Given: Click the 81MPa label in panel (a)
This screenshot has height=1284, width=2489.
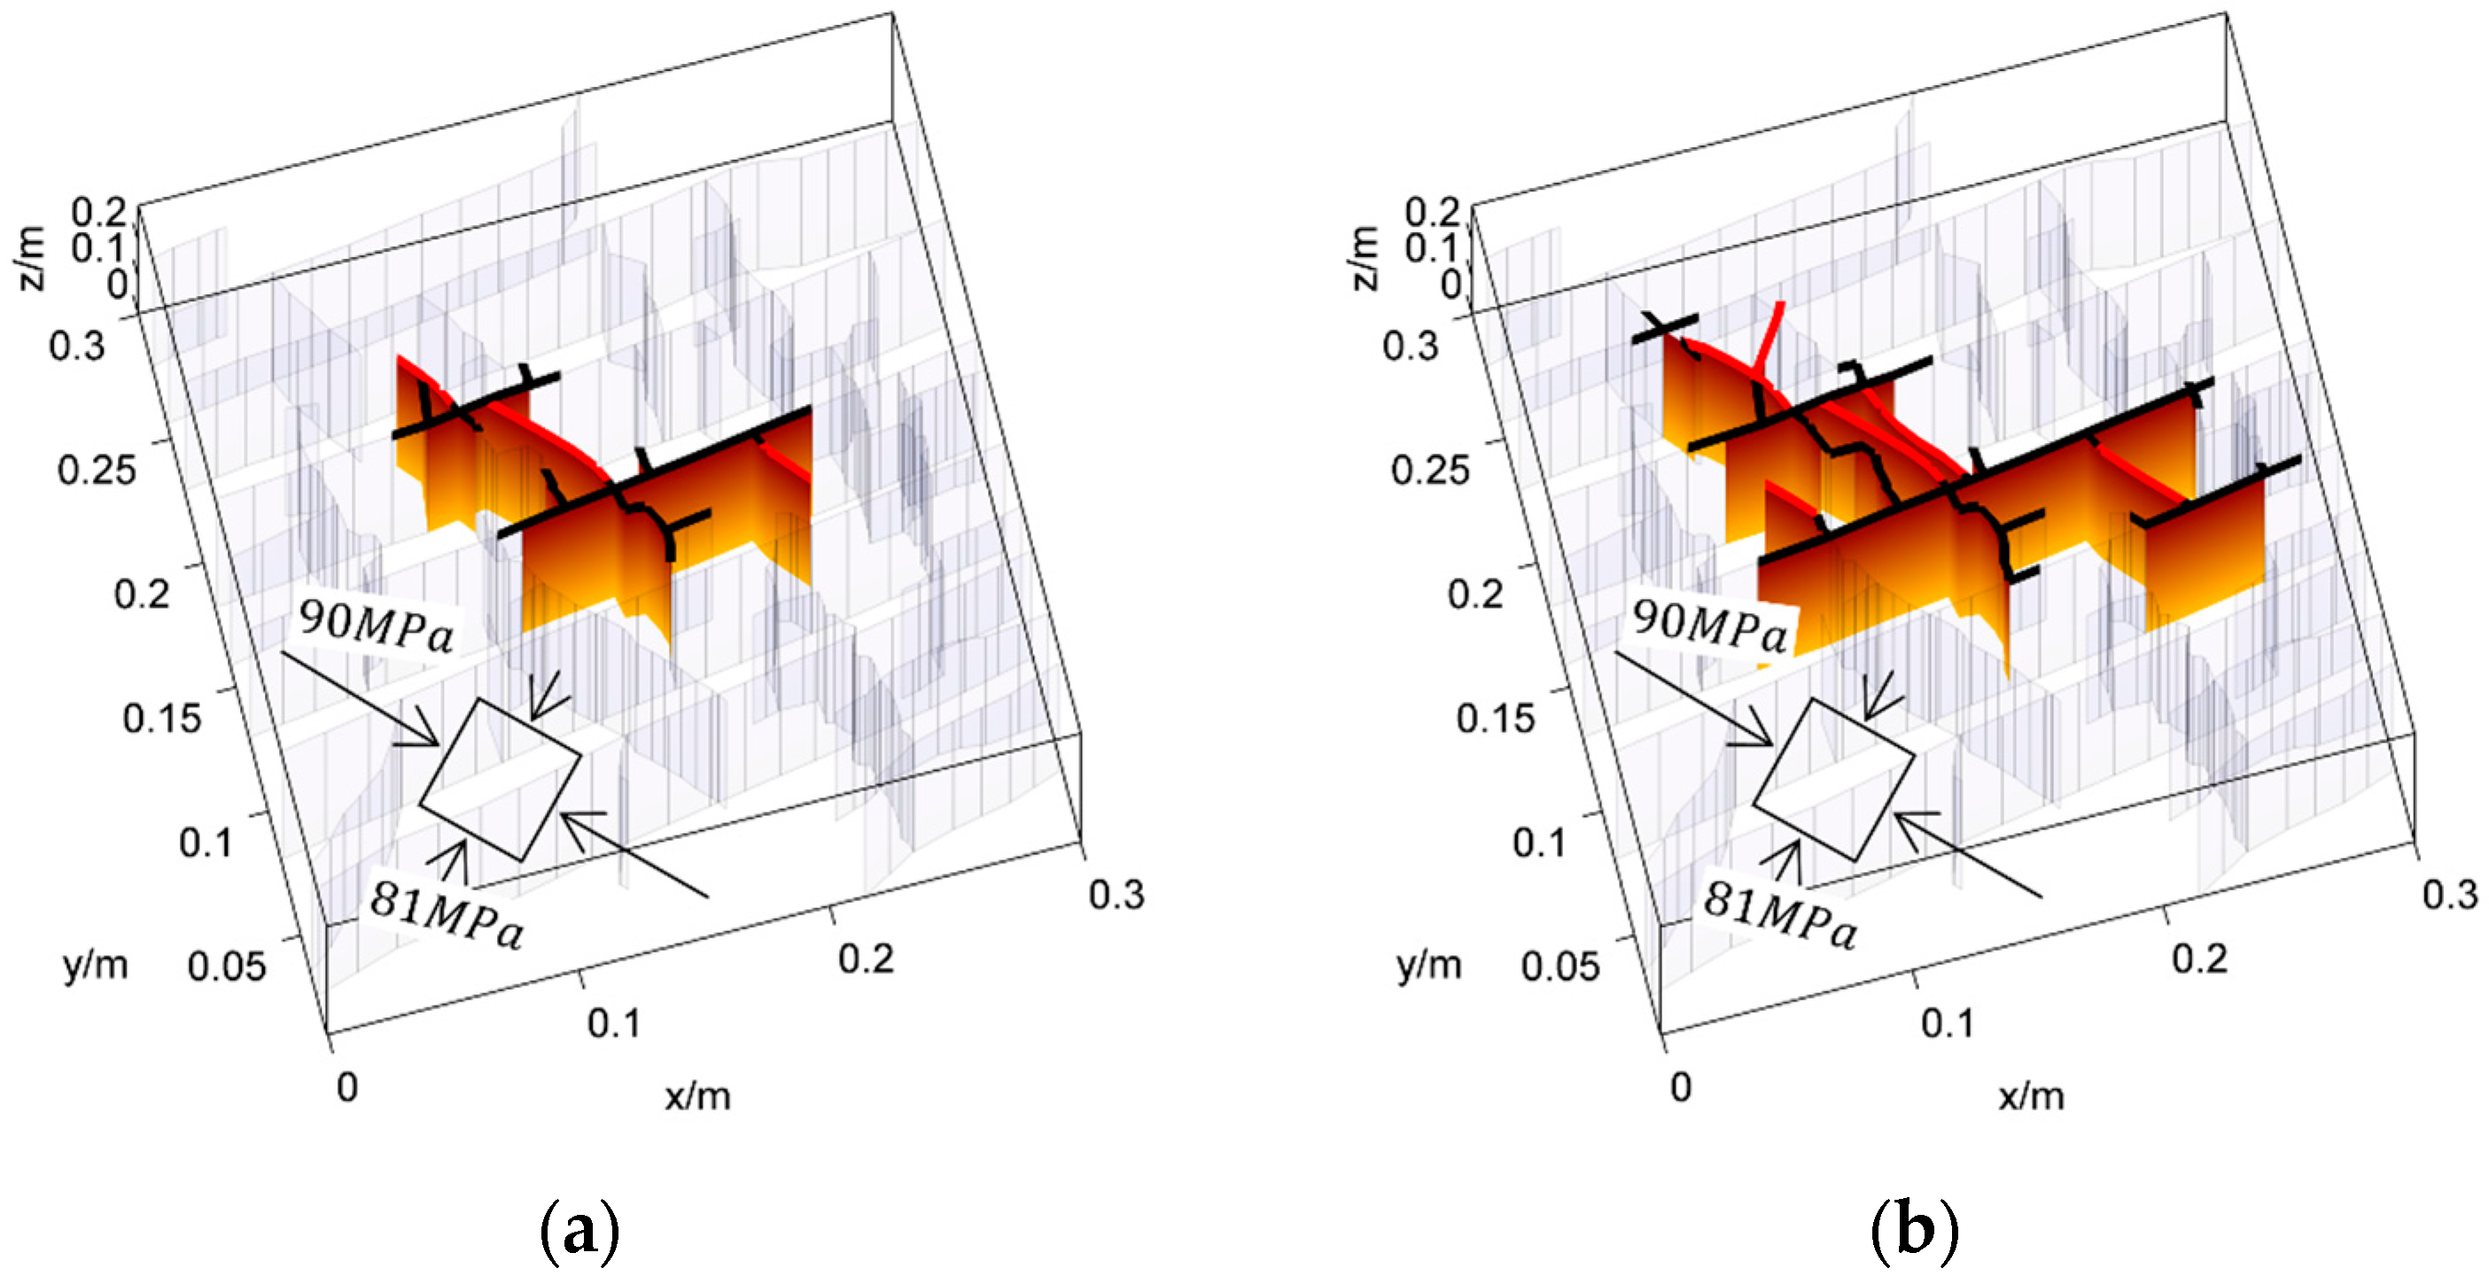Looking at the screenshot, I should [x=447, y=915].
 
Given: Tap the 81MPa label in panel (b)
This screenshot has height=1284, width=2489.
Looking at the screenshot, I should [x=1780, y=915].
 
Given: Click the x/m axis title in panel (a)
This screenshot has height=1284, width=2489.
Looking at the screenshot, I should [x=697, y=1095].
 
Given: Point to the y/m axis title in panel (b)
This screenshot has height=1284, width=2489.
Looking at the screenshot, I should [x=1429, y=964].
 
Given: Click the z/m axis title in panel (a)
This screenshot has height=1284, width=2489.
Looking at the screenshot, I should [x=31, y=258].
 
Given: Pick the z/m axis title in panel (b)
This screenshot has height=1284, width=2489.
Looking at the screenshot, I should [x=1365, y=258].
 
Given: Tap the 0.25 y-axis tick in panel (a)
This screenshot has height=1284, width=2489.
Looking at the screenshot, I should [x=97, y=470].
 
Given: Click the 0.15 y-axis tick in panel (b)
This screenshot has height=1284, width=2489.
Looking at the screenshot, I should [x=1495, y=718].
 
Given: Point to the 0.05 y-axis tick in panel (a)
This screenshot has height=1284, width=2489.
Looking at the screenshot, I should [x=226, y=965].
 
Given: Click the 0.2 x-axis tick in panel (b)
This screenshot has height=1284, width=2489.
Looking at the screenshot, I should [x=2200, y=959].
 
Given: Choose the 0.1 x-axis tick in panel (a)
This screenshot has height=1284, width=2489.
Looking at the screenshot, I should [x=613, y=1023].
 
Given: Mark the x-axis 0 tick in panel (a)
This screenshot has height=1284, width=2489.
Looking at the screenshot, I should [x=346, y=1087].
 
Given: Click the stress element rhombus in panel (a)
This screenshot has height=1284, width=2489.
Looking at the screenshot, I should [x=501, y=779].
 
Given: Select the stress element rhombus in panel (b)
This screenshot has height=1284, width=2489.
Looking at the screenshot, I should [x=1833, y=779].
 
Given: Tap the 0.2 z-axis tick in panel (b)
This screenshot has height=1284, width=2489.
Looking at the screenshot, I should [x=1433, y=212].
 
